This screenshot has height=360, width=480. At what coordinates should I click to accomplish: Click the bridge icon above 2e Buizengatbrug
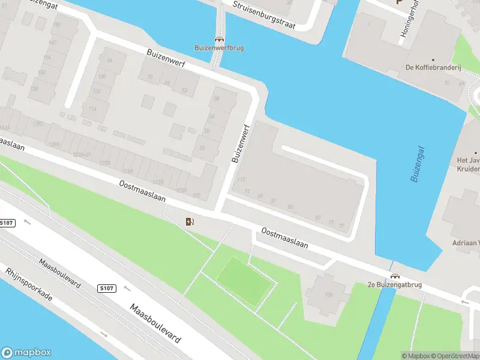point(394,277)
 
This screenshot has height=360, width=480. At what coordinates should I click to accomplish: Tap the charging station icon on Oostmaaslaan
point(190,222)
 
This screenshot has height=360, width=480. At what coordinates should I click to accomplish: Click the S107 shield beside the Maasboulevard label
point(106,289)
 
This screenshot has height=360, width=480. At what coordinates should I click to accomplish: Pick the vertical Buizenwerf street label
point(241,143)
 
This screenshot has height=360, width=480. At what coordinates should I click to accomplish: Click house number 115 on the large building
point(242,179)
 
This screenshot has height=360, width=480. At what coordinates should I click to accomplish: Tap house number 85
point(290,207)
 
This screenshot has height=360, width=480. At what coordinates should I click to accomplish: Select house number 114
point(92,109)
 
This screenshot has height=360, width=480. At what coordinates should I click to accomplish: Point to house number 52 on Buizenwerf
point(184,91)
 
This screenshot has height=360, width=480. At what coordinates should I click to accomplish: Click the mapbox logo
point(26,353)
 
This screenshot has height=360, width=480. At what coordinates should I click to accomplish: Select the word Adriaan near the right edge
point(466,244)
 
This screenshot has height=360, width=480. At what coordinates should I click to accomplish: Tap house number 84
point(109,61)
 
